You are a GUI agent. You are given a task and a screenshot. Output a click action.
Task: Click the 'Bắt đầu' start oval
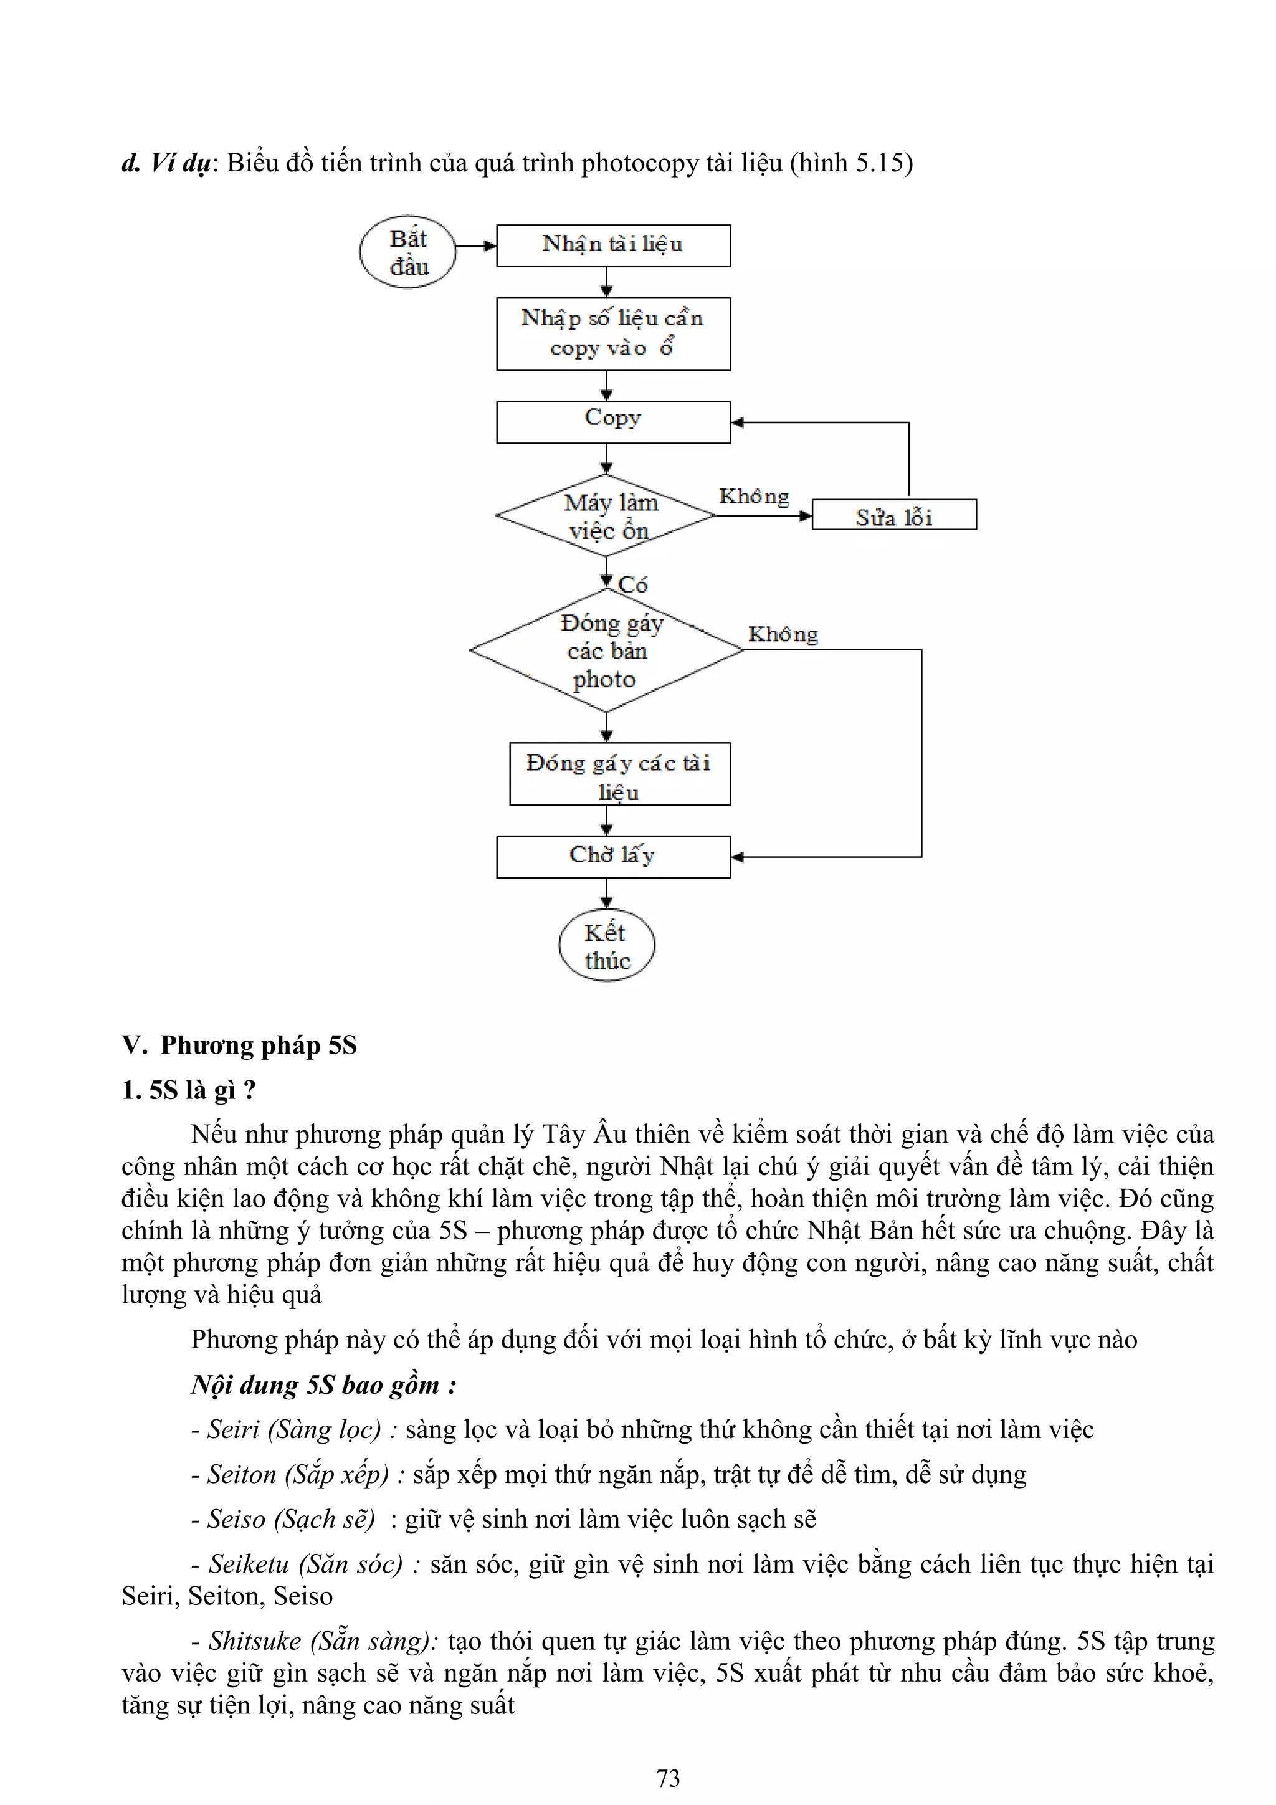coord(407,252)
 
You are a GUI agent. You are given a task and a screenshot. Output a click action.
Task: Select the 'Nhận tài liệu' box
coord(612,245)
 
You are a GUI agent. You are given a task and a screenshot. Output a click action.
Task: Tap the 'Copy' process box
coord(612,422)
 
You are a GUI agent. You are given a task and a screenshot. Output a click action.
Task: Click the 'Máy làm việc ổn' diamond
coord(606,516)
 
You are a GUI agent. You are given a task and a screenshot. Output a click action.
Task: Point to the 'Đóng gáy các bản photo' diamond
coord(606,650)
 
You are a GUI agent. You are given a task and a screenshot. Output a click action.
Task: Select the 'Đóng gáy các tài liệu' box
coord(619,774)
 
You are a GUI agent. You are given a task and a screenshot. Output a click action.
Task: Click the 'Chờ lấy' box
coord(612,856)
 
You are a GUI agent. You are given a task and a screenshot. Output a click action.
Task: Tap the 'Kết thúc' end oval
coord(606,945)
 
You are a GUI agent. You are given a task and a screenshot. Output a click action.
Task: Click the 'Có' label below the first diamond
coord(633,585)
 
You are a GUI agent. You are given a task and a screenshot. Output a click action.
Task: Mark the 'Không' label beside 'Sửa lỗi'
coord(754,497)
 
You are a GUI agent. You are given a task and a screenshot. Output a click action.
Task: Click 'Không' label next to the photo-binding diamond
coord(783,634)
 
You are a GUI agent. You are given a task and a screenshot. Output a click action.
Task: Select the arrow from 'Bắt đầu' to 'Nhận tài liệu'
coord(475,246)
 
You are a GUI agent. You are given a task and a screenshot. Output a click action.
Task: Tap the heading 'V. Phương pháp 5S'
coord(239,1045)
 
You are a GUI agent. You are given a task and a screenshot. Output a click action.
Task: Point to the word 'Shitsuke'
coord(254,1641)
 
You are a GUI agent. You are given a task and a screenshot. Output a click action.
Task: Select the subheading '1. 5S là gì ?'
coord(189,1090)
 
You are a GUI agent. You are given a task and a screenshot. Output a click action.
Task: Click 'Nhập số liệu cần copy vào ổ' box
coord(612,334)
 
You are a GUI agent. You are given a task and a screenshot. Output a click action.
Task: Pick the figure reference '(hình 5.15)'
coord(850,163)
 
